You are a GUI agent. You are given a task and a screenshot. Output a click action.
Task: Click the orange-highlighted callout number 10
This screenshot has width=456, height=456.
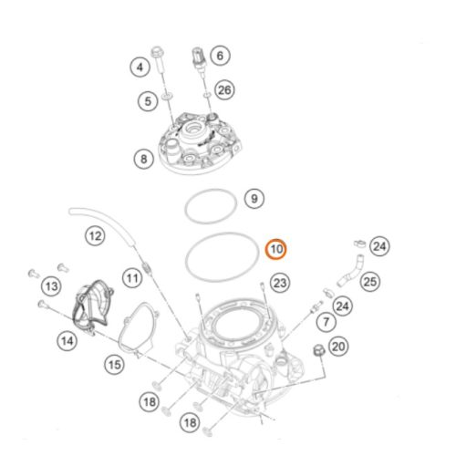(x=276, y=249)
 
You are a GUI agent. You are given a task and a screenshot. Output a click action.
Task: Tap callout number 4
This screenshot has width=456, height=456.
(x=140, y=67)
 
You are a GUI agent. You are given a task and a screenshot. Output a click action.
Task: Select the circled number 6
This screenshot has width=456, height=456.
(x=220, y=56)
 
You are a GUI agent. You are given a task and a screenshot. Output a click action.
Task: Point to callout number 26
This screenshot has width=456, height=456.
(x=224, y=90)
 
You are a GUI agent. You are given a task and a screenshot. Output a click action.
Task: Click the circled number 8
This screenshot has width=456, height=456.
(x=144, y=159)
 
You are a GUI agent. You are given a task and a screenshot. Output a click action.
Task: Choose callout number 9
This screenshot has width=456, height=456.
(x=254, y=199)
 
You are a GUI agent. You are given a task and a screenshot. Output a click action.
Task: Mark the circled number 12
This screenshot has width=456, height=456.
(x=95, y=236)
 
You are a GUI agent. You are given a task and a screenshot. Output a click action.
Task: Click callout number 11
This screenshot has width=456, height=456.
(x=132, y=278)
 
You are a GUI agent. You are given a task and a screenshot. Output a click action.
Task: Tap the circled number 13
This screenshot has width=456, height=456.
(x=51, y=286)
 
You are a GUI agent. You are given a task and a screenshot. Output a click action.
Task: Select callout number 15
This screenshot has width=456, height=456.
(x=114, y=365)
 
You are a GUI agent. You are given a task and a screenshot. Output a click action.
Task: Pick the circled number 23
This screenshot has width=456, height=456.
(x=280, y=283)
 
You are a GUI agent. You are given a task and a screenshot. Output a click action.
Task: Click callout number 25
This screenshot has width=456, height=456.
(x=370, y=282)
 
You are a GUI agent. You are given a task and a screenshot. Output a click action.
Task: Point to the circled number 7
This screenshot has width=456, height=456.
(x=326, y=322)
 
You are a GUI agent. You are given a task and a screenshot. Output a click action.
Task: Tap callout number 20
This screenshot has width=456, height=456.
(x=338, y=347)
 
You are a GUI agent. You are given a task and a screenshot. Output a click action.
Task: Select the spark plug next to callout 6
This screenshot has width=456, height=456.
(x=199, y=58)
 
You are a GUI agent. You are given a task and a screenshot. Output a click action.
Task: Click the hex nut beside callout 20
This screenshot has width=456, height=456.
(x=319, y=351)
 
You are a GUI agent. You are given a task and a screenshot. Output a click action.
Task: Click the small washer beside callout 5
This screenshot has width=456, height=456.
(x=167, y=97)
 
